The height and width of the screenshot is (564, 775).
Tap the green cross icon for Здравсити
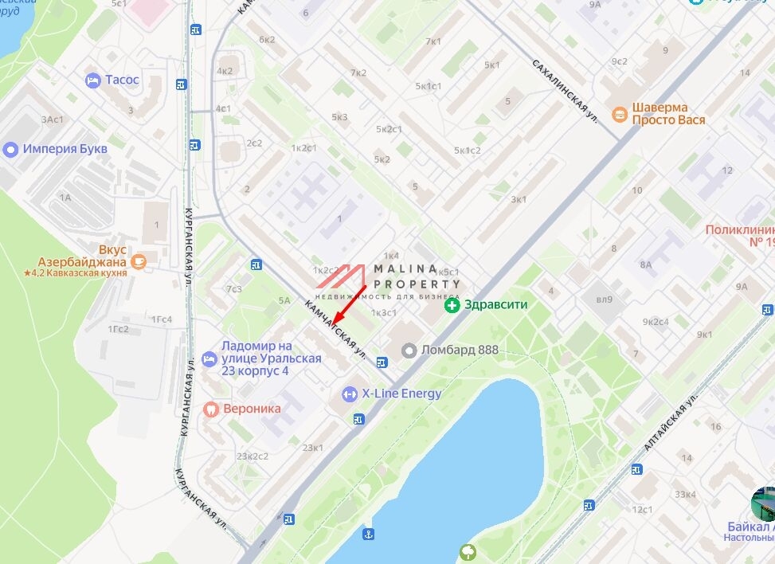pyautogui.click(x=452, y=305)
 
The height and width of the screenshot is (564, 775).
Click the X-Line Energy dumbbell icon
pyautogui.click(x=350, y=394)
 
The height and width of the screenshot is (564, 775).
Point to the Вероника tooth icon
pyautogui.click(x=210, y=409)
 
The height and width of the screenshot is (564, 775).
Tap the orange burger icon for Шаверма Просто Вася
pyautogui.click(x=619, y=114)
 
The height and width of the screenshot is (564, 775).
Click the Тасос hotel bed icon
pyautogui.click(x=93, y=80)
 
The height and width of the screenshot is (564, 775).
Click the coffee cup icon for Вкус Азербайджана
pyautogui.click(x=139, y=260)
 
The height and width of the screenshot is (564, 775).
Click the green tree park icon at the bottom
pyautogui.click(x=468, y=550)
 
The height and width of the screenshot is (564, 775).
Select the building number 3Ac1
pyautogui.click(x=52, y=119)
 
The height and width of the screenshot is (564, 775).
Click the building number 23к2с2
pyautogui.click(x=252, y=456)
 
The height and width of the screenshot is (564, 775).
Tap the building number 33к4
pyautogui.click(x=686, y=494)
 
